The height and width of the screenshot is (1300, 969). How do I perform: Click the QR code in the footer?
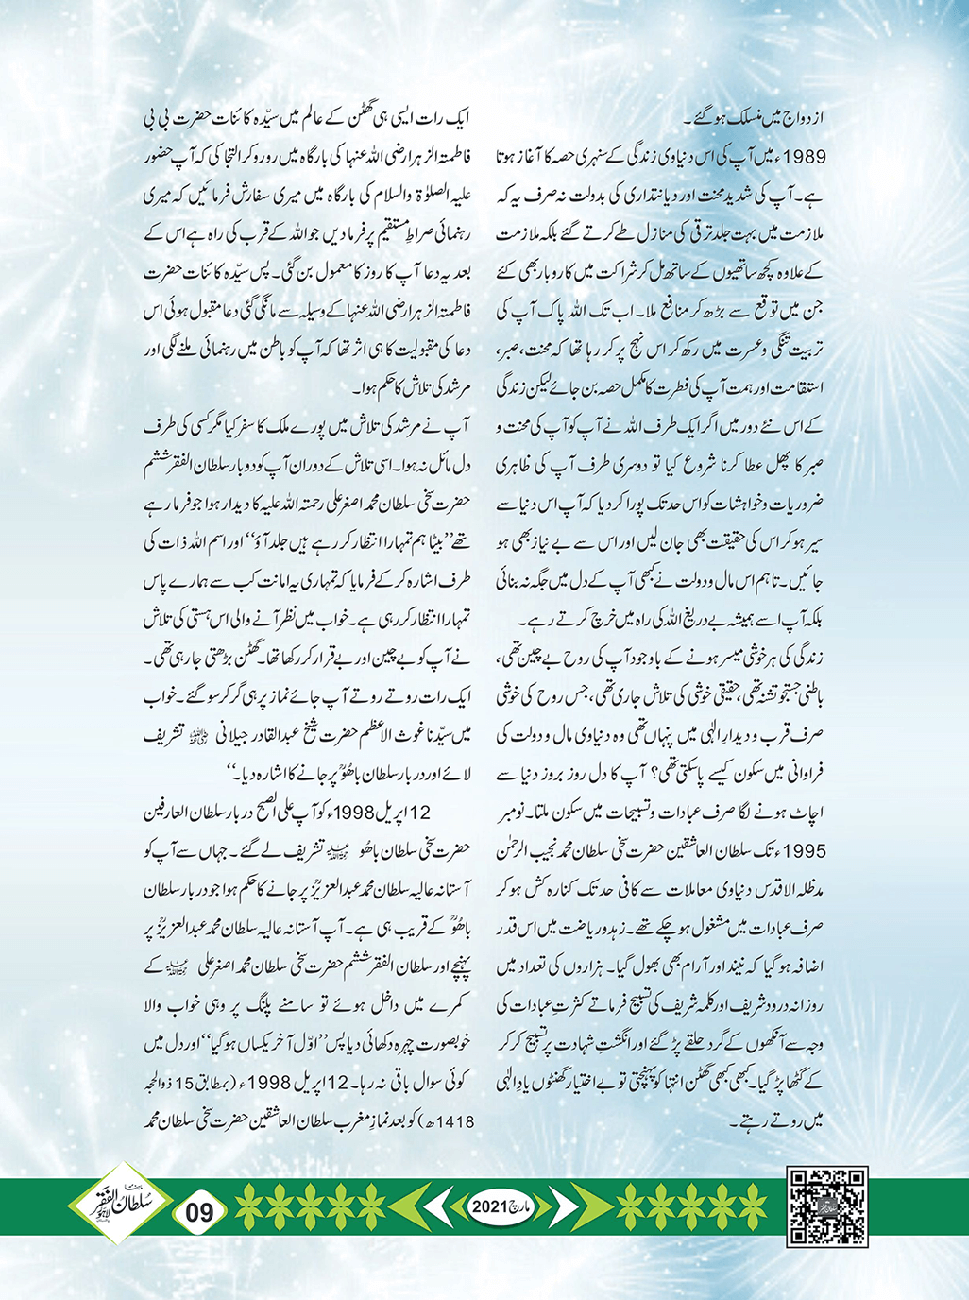pyautogui.click(x=826, y=1206)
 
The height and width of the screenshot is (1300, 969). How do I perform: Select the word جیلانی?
pyautogui.click(x=246, y=735)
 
